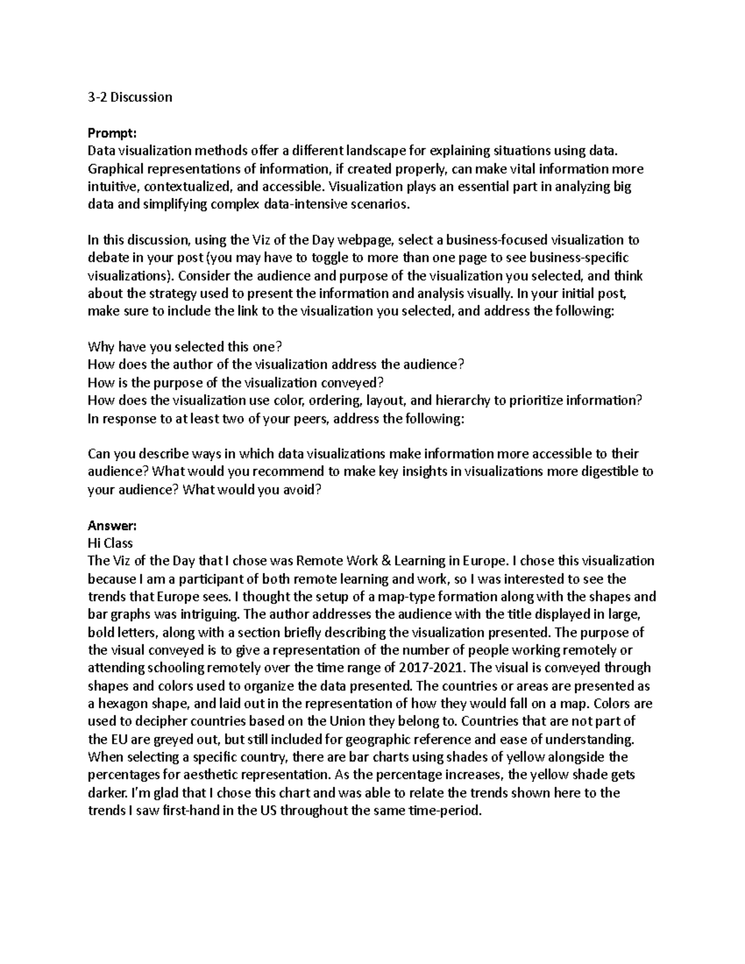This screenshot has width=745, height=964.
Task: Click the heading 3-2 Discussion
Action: pos(130,97)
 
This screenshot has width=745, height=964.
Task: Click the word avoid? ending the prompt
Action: pos(302,490)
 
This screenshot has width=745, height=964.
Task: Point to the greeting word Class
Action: pos(118,543)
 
